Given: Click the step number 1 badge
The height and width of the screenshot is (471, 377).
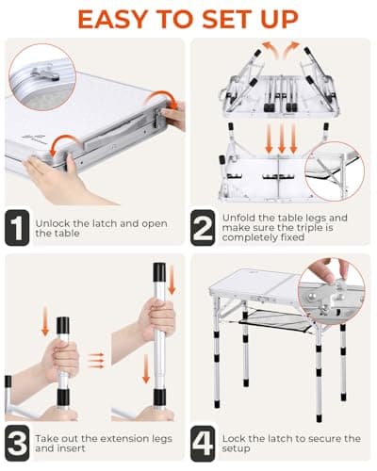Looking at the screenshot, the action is [x=17, y=228].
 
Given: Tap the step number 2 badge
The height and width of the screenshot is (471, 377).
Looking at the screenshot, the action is [x=203, y=228].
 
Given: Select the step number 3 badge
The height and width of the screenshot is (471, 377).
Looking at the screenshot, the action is [x=17, y=443].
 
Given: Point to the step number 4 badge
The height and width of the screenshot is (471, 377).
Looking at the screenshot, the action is [x=203, y=443].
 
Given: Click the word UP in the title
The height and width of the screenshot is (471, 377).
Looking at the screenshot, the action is [x=279, y=19].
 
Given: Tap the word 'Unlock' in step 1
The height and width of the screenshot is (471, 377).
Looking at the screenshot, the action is [x=53, y=223].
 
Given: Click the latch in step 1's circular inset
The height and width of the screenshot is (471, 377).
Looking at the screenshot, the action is [x=44, y=73].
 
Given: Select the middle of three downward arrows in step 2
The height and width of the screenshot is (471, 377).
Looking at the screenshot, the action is [x=282, y=138].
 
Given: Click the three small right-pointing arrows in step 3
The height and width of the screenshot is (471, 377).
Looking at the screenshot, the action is [x=95, y=360].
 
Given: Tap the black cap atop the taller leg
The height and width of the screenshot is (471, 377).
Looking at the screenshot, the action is [x=159, y=271].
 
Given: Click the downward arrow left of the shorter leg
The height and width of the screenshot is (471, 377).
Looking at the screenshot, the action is [x=45, y=321].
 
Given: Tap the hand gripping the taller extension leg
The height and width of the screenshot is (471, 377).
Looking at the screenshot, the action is [x=156, y=319].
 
